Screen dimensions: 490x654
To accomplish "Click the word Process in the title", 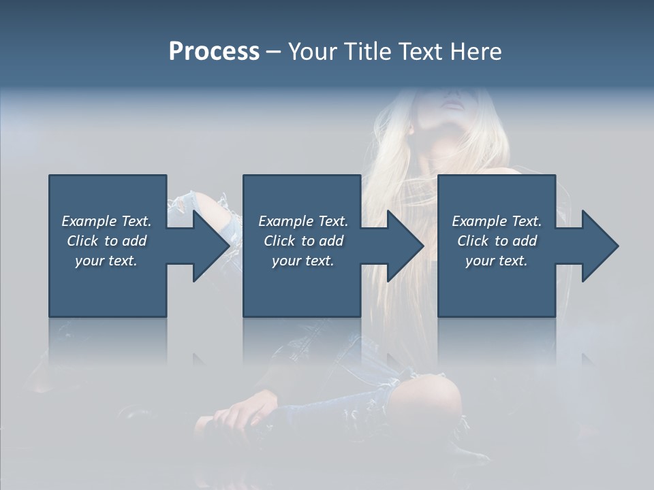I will [x=214, y=52].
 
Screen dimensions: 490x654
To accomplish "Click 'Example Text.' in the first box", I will [x=107, y=221].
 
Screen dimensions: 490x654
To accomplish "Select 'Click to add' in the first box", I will [x=107, y=241].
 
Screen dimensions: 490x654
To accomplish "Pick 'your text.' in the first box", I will [x=107, y=261].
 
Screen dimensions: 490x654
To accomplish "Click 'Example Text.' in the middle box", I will [x=303, y=221].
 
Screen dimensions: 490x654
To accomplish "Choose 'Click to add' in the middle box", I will [x=303, y=241].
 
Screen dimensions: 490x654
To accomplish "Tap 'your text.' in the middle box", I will [x=303, y=261].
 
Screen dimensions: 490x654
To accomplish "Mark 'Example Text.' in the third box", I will [x=497, y=221].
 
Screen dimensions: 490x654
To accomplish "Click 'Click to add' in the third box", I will [x=497, y=241].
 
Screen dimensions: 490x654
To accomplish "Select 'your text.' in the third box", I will [x=497, y=261].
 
